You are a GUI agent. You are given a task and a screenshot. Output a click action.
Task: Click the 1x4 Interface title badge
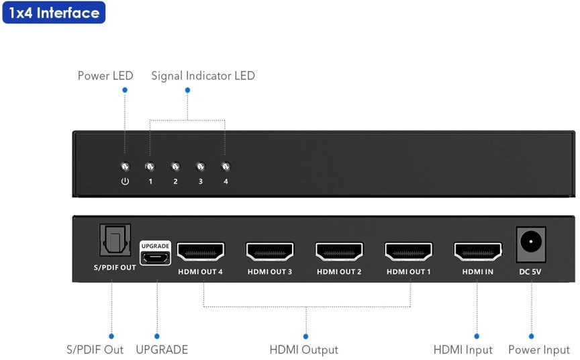click(x=54, y=13)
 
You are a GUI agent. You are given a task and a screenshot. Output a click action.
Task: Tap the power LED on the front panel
click(x=124, y=167)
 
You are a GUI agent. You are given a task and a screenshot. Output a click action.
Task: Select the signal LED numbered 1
click(x=150, y=167)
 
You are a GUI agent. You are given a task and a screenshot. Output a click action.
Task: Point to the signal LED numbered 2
click(x=175, y=167)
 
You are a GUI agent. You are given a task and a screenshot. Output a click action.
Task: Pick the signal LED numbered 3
click(x=200, y=167)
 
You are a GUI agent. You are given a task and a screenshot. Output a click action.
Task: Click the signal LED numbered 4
click(x=226, y=167)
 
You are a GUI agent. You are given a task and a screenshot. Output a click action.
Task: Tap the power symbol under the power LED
click(x=124, y=182)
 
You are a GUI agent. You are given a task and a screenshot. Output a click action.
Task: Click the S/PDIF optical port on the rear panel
click(x=115, y=240)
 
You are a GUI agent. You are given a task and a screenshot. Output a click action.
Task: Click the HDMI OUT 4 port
click(x=201, y=252)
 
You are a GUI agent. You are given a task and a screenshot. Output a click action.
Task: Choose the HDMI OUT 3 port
click(x=270, y=252)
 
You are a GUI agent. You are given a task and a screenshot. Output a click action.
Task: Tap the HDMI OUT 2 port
click(x=339, y=252)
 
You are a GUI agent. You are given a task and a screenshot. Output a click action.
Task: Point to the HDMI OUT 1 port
click(x=408, y=252)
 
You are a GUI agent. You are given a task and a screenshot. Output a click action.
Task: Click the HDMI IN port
click(x=477, y=252)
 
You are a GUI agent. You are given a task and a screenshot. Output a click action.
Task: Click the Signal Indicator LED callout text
click(x=203, y=76)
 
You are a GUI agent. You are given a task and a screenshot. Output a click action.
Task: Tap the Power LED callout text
click(x=105, y=76)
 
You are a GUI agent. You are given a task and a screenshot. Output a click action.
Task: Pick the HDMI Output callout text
click(x=303, y=350)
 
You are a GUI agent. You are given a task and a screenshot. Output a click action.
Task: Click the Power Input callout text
click(x=538, y=350)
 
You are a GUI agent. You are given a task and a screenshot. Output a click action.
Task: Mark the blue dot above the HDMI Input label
click(x=477, y=336)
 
